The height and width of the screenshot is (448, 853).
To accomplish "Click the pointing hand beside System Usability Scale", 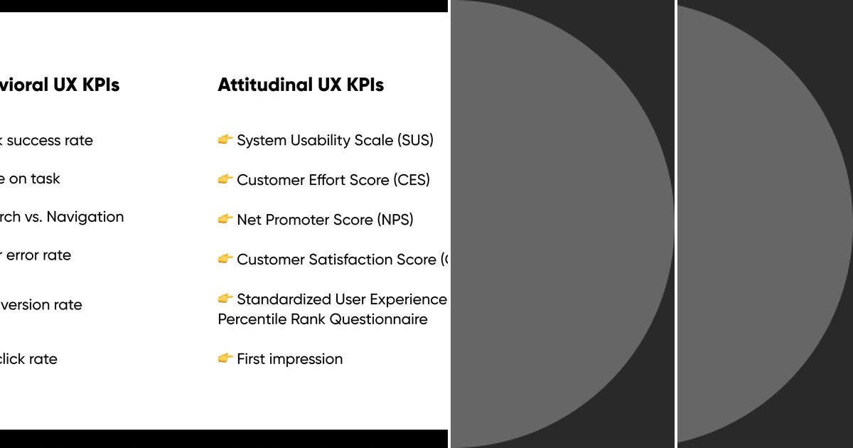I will [x=225, y=140].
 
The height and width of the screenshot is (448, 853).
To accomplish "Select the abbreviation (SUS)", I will [x=415, y=141].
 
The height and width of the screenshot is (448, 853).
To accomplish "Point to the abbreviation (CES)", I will [x=412, y=180].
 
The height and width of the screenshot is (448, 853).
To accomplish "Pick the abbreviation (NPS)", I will [x=395, y=220].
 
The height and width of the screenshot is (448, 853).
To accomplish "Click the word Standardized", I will [x=283, y=299].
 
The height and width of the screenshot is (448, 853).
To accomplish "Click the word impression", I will [x=306, y=359].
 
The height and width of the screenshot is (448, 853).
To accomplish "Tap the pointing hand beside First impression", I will [x=225, y=358].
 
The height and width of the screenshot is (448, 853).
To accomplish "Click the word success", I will [x=33, y=141].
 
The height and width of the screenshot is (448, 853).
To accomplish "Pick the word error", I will [x=22, y=255].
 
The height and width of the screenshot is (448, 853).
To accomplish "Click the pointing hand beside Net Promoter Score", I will [x=225, y=219].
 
